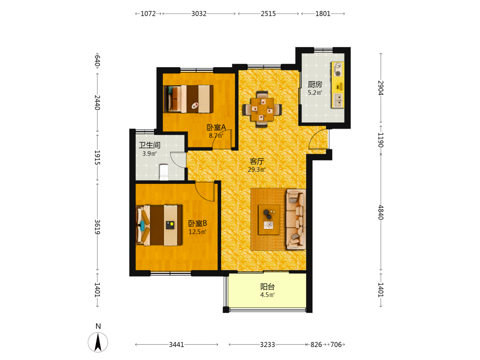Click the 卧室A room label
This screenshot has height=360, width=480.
[x=216, y=127]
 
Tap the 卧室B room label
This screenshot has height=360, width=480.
[x=197, y=224]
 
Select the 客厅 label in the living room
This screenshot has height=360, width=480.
[x=257, y=161]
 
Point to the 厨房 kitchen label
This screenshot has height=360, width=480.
[x=315, y=84]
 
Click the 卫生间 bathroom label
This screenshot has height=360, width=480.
[x=150, y=145]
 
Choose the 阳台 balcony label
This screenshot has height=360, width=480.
[x=267, y=287]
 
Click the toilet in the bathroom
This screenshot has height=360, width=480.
[x=164, y=172]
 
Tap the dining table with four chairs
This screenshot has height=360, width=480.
[x=262, y=109]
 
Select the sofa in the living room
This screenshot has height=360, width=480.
[x=296, y=219]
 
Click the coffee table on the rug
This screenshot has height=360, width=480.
[x=269, y=219]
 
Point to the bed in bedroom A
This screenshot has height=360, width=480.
[x=188, y=98]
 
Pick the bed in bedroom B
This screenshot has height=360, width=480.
[x=159, y=225]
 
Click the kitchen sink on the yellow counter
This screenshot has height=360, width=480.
[x=338, y=100]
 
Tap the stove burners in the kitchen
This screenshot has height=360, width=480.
[x=337, y=70]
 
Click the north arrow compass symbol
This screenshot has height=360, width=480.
[x=98, y=342]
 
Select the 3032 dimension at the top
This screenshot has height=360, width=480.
[x=199, y=14]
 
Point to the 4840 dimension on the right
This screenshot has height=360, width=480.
[x=381, y=212]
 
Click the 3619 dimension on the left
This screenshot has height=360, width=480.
[x=97, y=227]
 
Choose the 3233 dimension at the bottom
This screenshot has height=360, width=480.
[x=267, y=345]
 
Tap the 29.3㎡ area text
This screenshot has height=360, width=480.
[x=257, y=169]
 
